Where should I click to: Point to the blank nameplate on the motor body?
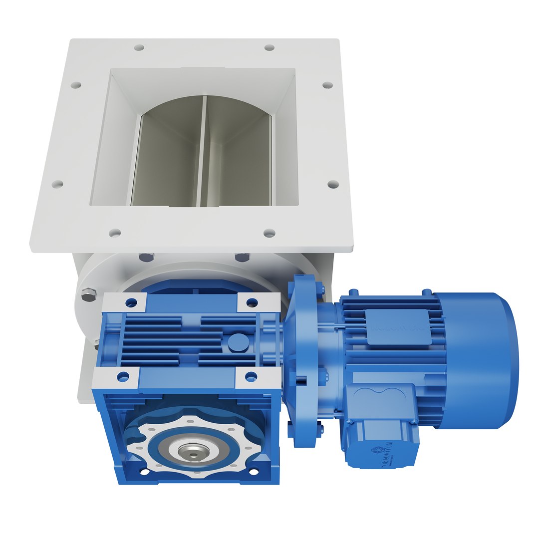pyautogui.click(x=398, y=327)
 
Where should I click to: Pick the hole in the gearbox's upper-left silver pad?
pyautogui.click(x=131, y=302)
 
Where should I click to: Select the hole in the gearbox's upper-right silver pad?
pyautogui.click(x=252, y=302)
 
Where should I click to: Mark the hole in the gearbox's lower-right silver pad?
pyautogui.click(x=251, y=377)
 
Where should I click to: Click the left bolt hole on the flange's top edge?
pyautogui.click(x=139, y=48)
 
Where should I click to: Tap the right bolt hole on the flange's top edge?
pyautogui.click(x=269, y=47)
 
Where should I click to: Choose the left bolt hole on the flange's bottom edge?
pyautogui.click(x=115, y=233)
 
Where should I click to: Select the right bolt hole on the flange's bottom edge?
pyautogui.click(x=269, y=233)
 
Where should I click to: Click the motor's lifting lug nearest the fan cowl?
pyautogui.click(x=427, y=291)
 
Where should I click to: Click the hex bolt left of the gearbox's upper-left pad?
pyautogui.click(x=88, y=295)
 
